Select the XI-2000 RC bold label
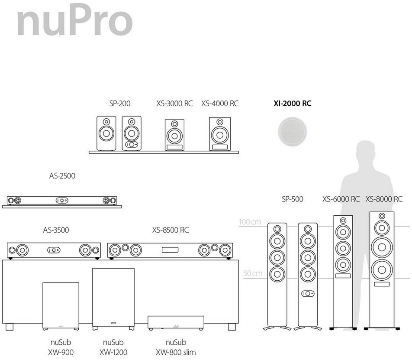(292, 104)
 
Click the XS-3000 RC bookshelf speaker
(174, 135)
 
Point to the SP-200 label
(119, 104)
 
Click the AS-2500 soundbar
(62, 201)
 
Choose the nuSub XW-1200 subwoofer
(113, 298)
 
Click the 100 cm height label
(250, 222)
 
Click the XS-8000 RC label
(384, 199)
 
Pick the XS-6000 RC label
(341, 199)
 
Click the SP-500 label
(293, 199)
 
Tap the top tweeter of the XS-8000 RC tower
(382, 216)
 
